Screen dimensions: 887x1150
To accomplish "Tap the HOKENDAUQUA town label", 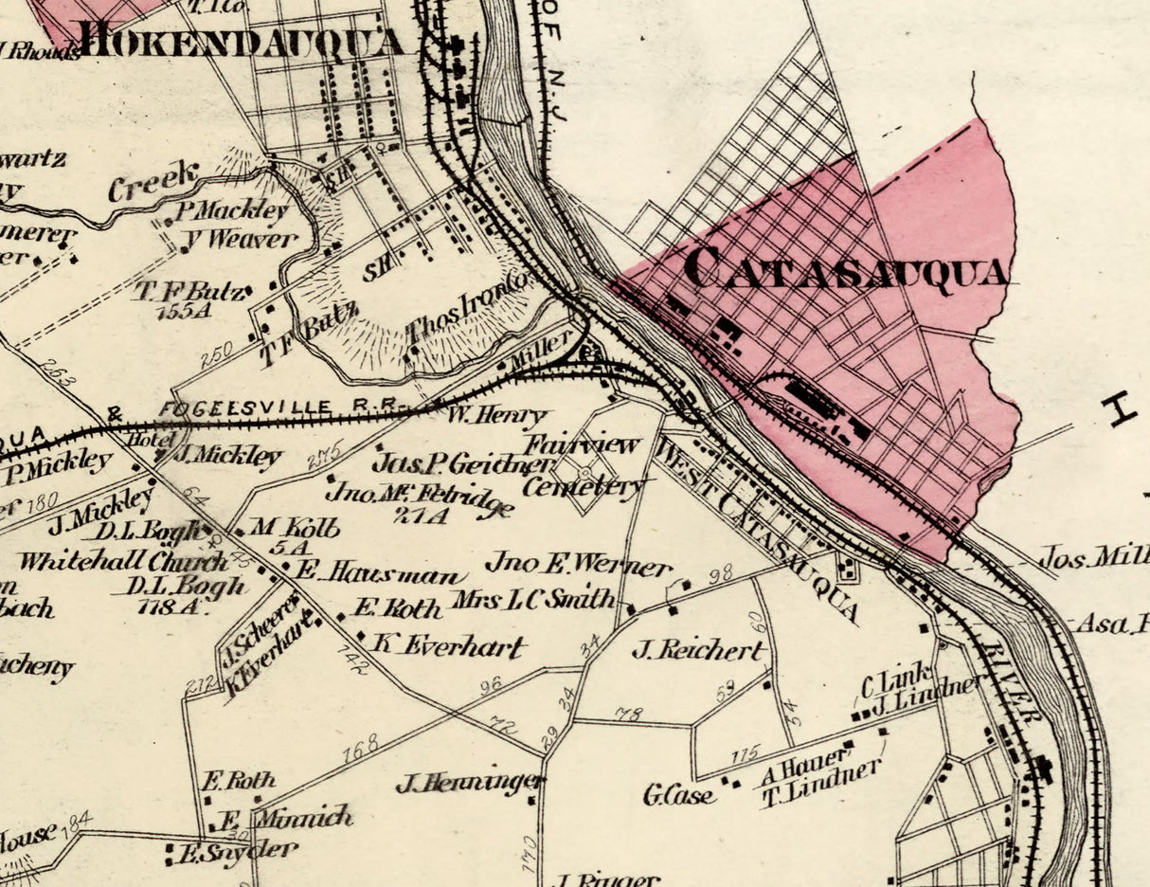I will [242, 40].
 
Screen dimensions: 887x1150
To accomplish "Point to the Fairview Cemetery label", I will [583, 464].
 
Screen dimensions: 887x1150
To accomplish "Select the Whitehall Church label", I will [110, 560].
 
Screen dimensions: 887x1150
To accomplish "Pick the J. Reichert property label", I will [697, 650].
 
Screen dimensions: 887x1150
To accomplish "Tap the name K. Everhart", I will [448, 645].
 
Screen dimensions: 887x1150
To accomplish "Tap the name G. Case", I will [679, 794].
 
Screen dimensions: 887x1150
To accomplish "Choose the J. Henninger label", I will [469, 783].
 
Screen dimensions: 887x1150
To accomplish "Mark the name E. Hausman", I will [380, 573].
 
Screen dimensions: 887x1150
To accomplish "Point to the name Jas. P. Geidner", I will [463, 463].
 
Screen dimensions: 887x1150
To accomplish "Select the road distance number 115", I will [746, 755].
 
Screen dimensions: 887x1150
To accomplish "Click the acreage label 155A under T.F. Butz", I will [189, 311].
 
